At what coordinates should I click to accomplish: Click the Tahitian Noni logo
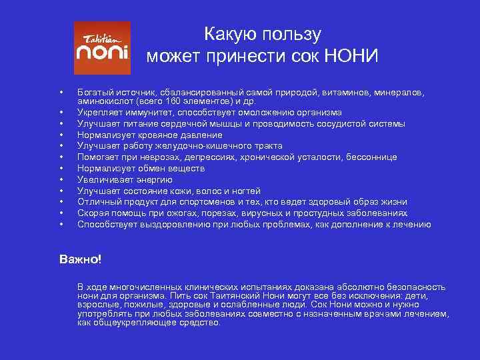point(102,48)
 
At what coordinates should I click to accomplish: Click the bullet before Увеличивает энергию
point(61,179)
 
